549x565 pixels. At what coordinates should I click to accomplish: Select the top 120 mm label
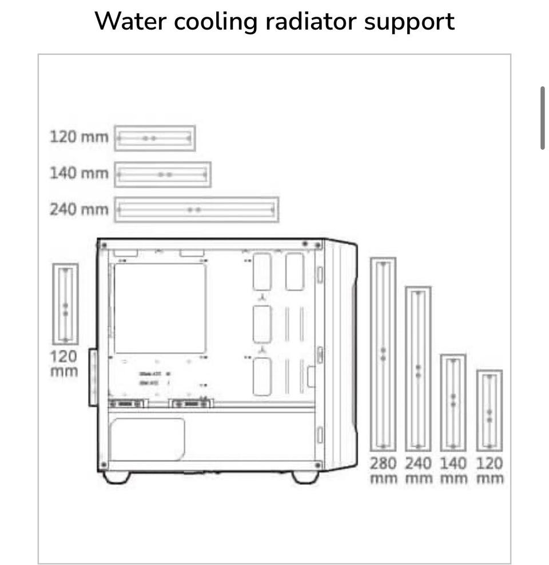coord(78,137)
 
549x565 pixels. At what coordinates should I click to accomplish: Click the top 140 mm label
coord(78,173)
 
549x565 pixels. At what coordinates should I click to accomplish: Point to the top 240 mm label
coord(78,209)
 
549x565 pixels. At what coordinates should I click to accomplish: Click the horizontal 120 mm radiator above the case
coord(154,138)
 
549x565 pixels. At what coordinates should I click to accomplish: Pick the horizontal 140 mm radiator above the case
coord(162,174)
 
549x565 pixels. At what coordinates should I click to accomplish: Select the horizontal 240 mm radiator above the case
coord(196,210)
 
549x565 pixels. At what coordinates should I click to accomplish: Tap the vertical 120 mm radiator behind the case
coord(65,304)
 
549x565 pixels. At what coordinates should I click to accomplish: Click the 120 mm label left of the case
coord(63,363)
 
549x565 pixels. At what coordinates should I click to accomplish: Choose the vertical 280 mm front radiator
coord(383,355)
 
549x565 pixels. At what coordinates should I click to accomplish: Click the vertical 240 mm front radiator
coord(418,369)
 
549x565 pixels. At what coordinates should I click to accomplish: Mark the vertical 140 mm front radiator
coord(453,402)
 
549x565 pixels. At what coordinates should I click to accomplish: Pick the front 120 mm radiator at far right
coord(490,410)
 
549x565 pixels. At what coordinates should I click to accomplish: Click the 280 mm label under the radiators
coord(383,470)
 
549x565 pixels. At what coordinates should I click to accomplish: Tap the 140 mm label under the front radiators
coord(453,470)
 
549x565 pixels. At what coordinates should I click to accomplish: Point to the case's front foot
coord(305,477)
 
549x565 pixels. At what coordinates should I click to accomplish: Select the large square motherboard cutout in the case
coord(160,308)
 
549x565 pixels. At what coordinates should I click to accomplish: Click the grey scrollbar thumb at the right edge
coord(542,118)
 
